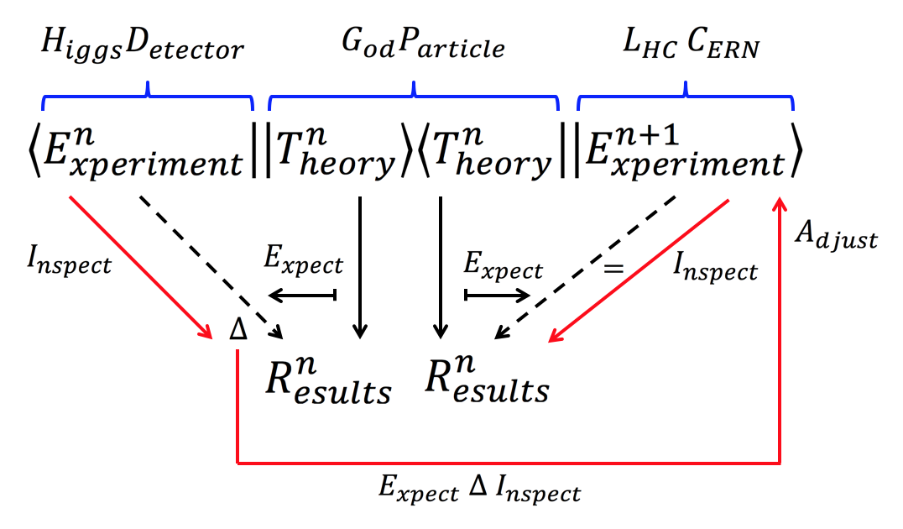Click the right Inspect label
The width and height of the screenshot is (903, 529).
(x=716, y=269)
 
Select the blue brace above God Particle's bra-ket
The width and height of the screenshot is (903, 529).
(x=414, y=97)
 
